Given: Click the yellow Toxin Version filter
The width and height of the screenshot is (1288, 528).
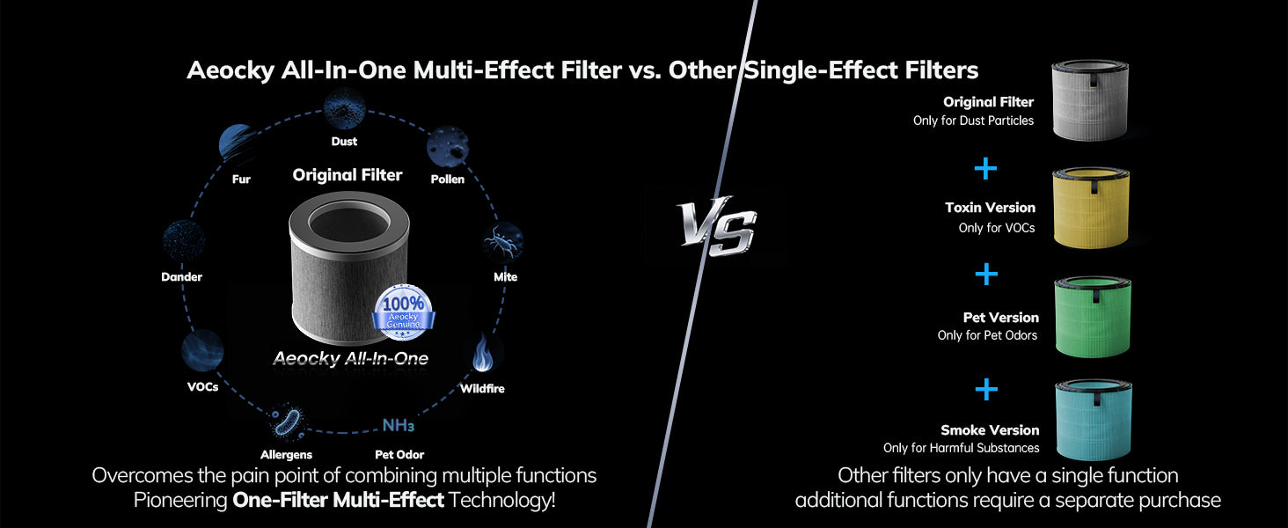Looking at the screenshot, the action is point(1091,209).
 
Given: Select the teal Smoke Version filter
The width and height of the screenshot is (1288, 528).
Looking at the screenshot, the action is point(1093,419).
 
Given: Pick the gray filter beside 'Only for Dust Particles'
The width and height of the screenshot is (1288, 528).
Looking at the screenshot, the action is point(1090,100).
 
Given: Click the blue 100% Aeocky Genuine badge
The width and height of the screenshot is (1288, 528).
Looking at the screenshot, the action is point(404,312).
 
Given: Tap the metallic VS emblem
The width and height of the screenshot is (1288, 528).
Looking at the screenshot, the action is point(716,225).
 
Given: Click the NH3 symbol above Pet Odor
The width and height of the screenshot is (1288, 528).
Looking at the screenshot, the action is point(398,426).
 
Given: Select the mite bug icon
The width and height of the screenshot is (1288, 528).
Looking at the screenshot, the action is point(502,242).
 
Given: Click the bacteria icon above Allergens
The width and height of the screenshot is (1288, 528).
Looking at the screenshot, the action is point(286,422).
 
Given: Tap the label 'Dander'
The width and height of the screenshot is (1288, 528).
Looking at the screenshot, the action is point(182,276).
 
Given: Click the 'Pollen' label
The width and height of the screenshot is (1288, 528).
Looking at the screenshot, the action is point(447,179).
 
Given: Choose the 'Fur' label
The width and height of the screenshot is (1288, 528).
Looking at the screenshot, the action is point(241,179).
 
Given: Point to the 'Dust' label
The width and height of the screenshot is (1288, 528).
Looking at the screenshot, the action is point(344,141).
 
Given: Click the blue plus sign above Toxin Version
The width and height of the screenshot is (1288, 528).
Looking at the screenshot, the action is point(985,169).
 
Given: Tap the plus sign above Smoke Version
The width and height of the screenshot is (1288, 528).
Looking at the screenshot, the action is point(987,389).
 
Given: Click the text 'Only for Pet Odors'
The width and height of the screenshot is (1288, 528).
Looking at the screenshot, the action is point(987,335).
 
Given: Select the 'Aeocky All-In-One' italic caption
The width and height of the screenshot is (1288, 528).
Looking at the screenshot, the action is point(351,358).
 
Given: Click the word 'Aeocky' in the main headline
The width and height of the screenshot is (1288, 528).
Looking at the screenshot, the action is point(231,70).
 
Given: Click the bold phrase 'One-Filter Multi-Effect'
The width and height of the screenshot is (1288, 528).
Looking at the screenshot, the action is point(338,500).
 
